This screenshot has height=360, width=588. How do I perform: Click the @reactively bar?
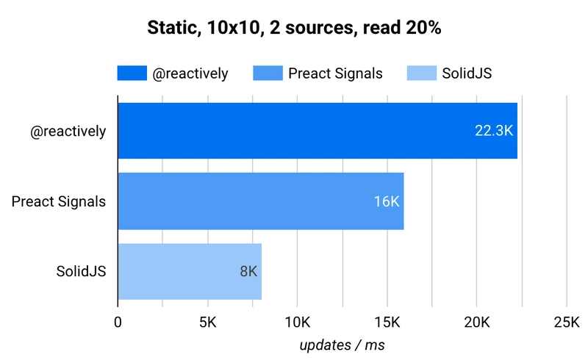[318, 131]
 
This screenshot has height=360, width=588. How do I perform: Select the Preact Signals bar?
[261, 201]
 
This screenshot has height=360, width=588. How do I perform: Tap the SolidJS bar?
[190, 272]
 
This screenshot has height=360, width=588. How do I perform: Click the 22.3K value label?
[493, 131]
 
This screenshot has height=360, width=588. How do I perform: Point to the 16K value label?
[387, 201]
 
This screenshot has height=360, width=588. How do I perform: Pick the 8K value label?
[248, 272]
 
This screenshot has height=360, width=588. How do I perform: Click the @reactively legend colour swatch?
[132, 73]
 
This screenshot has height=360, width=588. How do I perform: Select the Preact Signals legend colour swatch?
[268, 73]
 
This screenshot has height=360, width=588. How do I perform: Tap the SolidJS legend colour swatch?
[422, 73]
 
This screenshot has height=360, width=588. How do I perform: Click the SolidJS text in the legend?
[467, 73]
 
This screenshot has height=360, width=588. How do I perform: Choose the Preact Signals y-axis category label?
[59, 202]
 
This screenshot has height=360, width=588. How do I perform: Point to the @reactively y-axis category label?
[68, 132]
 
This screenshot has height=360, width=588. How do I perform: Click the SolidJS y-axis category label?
[82, 272]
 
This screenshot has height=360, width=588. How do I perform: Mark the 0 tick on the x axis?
[118, 322]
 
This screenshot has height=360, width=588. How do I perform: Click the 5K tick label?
[208, 322]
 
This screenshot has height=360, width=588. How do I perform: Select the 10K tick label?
[298, 322]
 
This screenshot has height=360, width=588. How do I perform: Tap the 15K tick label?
[387, 322]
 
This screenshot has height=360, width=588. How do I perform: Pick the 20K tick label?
[476, 322]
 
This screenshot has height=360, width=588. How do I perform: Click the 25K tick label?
[567, 322]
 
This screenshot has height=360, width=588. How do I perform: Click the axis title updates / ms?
[342, 345]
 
